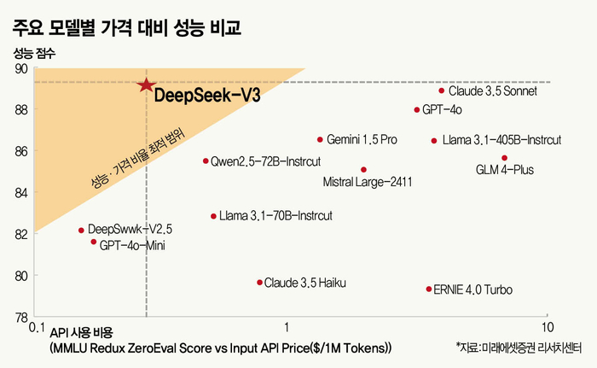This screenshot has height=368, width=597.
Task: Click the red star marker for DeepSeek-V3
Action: (x=146, y=85)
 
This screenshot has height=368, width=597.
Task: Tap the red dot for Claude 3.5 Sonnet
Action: (x=441, y=91)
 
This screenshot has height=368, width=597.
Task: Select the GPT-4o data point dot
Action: (x=417, y=110)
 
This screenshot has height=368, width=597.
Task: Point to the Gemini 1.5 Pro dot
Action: (x=320, y=140)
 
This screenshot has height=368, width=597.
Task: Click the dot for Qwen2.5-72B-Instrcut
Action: (x=206, y=161)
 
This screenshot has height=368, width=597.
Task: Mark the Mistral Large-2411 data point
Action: (x=363, y=170)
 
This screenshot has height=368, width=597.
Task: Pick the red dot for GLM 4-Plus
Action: (x=505, y=158)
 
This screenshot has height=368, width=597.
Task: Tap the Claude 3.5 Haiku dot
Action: (x=259, y=283)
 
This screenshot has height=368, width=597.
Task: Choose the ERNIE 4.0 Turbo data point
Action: (x=429, y=289)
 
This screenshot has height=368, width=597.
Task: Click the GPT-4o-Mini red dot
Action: (x=94, y=242)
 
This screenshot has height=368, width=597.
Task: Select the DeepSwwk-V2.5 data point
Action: (x=81, y=231)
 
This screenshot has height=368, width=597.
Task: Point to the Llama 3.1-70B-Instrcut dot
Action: (x=213, y=216)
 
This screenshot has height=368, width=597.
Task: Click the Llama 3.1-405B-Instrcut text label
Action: (x=501, y=140)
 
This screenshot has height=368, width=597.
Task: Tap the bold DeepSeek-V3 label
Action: (x=207, y=95)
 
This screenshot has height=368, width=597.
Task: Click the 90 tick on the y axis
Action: (x=21, y=69)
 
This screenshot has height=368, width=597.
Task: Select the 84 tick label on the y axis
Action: (x=21, y=193)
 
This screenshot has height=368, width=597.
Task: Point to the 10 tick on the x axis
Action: (x=548, y=327)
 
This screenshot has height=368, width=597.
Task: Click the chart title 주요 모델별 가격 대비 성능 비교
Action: (x=127, y=28)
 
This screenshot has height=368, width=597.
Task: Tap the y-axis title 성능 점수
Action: (x=34, y=53)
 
